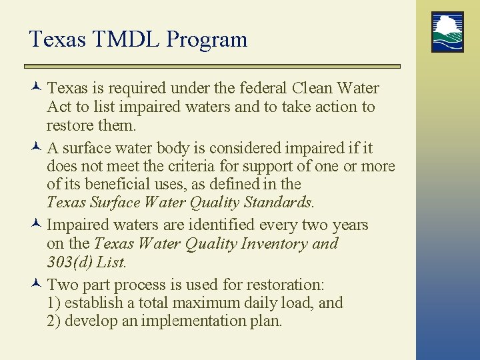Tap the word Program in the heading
pyautogui.click(x=207, y=40)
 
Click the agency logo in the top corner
pyautogui.click(x=447, y=32)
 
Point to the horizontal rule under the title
pyautogui.click(x=212, y=66)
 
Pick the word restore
pyautogui.click(x=71, y=125)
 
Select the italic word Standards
pyautogui.click(x=278, y=201)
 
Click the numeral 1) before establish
pyautogui.click(x=54, y=303)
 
